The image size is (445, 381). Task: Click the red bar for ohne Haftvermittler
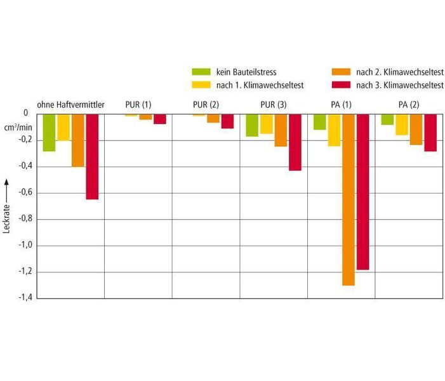click(x=92, y=156)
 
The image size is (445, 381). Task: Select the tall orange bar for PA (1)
click(x=349, y=199)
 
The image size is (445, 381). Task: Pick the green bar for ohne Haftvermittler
click(x=49, y=133)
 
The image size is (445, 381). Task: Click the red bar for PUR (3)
click(x=295, y=142)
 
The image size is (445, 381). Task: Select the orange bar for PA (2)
click(x=416, y=130)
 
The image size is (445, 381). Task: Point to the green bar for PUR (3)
click(x=252, y=125)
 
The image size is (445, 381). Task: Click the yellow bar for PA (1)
click(x=334, y=130)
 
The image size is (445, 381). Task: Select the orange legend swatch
click(x=340, y=72)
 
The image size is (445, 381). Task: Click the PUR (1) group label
click(x=138, y=104)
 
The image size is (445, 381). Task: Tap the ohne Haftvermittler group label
click(x=71, y=104)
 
